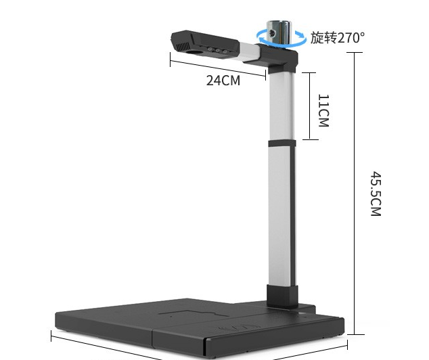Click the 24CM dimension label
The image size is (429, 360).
click(x=223, y=81)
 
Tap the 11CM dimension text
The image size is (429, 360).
click(x=323, y=110)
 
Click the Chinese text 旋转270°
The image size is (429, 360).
click(x=337, y=37)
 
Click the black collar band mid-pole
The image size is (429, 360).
click(x=281, y=143)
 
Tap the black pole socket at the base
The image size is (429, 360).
click(x=282, y=295)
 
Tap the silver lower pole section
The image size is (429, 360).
click(x=281, y=217)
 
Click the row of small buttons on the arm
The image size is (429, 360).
click(x=218, y=49)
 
